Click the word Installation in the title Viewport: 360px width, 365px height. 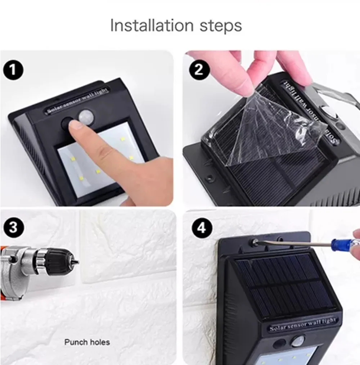152,25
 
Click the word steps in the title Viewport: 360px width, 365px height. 221,26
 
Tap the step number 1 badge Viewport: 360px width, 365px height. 13,69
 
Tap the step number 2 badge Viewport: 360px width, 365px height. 199,69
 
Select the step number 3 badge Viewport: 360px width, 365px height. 14,227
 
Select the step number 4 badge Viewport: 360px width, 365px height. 202,228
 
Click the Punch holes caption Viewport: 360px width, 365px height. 87,342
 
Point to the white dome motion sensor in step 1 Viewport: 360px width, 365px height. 85,116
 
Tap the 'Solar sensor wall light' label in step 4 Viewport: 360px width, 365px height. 303,324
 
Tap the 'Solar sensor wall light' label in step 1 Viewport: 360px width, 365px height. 78,100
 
